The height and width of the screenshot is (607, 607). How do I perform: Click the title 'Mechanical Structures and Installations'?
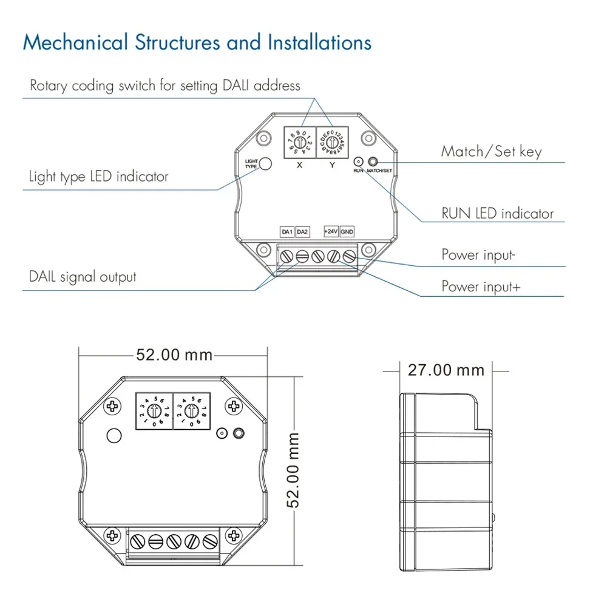(x=197, y=43)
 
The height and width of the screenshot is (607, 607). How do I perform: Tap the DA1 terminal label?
(x=287, y=232)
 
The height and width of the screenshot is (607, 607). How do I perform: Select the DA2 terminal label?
(x=303, y=232)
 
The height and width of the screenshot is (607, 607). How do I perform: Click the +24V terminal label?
(x=331, y=232)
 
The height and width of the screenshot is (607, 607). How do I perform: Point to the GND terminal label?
(x=347, y=232)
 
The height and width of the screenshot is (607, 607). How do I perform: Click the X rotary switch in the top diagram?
(x=299, y=143)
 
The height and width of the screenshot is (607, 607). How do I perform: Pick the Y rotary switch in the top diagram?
(x=331, y=143)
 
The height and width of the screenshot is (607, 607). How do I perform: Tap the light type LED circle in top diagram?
(x=265, y=164)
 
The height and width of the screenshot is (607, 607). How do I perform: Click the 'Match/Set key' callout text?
(x=491, y=151)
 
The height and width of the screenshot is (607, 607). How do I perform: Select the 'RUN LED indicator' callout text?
(x=497, y=214)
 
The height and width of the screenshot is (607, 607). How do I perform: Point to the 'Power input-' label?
(x=478, y=255)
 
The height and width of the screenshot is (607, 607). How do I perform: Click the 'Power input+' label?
(x=481, y=287)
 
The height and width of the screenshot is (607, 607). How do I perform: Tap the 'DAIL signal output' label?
(x=83, y=277)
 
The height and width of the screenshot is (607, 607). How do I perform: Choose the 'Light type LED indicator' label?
(x=98, y=177)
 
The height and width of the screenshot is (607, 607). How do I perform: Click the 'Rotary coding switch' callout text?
(x=165, y=85)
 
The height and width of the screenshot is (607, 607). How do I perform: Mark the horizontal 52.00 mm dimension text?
(x=174, y=354)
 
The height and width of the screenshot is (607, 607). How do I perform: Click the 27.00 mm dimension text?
(x=446, y=370)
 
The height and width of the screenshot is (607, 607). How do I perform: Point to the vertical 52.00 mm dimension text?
(x=294, y=470)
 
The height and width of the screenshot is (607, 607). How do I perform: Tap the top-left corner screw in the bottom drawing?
(x=112, y=405)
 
